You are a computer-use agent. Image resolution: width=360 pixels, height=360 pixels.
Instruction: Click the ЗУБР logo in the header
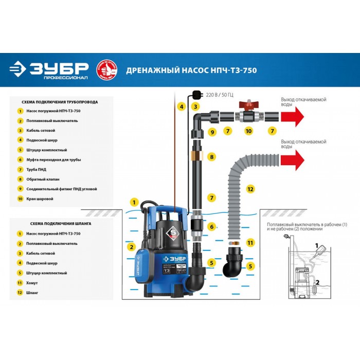click(49, 70)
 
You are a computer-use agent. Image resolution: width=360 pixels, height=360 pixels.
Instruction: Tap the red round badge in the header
click(106, 70)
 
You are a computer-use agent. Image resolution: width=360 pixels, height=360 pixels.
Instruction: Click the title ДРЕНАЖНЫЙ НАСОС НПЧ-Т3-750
click(191, 70)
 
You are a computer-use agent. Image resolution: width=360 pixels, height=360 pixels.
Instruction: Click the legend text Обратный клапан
click(40, 179)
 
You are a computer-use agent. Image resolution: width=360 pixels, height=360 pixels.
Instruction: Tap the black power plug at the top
click(196, 94)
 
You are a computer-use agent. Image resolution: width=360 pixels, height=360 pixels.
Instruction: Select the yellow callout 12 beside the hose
click(250, 189)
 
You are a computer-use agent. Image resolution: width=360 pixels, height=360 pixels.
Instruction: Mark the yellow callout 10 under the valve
click(248, 132)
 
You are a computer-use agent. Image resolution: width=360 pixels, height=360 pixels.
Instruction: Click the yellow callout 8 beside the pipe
click(211, 156)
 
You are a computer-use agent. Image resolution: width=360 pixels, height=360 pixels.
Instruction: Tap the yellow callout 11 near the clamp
click(250, 242)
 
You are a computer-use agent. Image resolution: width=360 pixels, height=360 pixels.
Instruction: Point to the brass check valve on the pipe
click(196, 155)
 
